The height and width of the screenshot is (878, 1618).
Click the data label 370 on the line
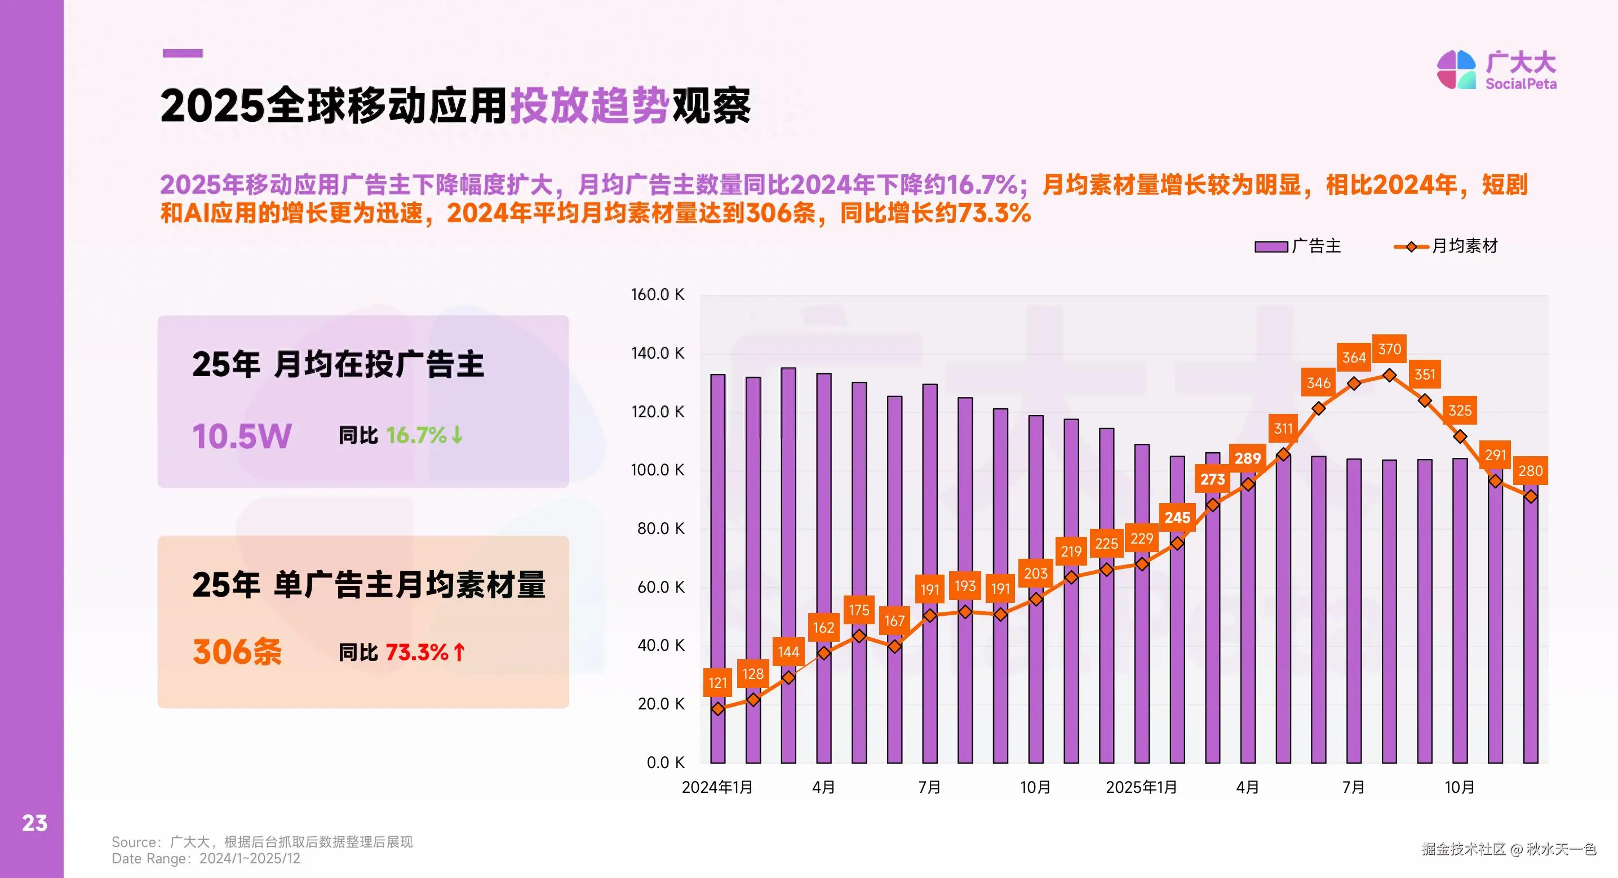click(x=1389, y=350)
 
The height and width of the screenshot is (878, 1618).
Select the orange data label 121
click(x=717, y=682)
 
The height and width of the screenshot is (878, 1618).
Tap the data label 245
click(x=1177, y=518)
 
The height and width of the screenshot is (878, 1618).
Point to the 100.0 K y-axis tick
click(x=657, y=470)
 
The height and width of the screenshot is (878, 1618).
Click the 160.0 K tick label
click(x=657, y=295)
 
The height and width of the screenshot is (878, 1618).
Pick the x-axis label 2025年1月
click(x=1141, y=787)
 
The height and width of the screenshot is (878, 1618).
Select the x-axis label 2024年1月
click(x=717, y=787)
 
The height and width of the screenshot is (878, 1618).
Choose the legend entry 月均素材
click(x=1446, y=246)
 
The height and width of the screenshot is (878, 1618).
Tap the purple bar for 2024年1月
click(x=717, y=566)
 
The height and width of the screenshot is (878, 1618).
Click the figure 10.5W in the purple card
click(x=242, y=436)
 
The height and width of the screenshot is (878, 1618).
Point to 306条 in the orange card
click(x=237, y=652)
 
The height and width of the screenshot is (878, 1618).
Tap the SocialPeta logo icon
click(x=1456, y=70)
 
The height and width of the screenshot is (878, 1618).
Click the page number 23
click(x=34, y=823)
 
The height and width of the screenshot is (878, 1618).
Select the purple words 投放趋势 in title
click(x=589, y=105)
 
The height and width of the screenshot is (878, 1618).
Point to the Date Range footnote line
click(x=206, y=858)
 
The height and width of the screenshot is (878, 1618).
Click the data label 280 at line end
click(x=1530, y=471)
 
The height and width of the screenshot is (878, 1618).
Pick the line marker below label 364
click(x=1354, y=383)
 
